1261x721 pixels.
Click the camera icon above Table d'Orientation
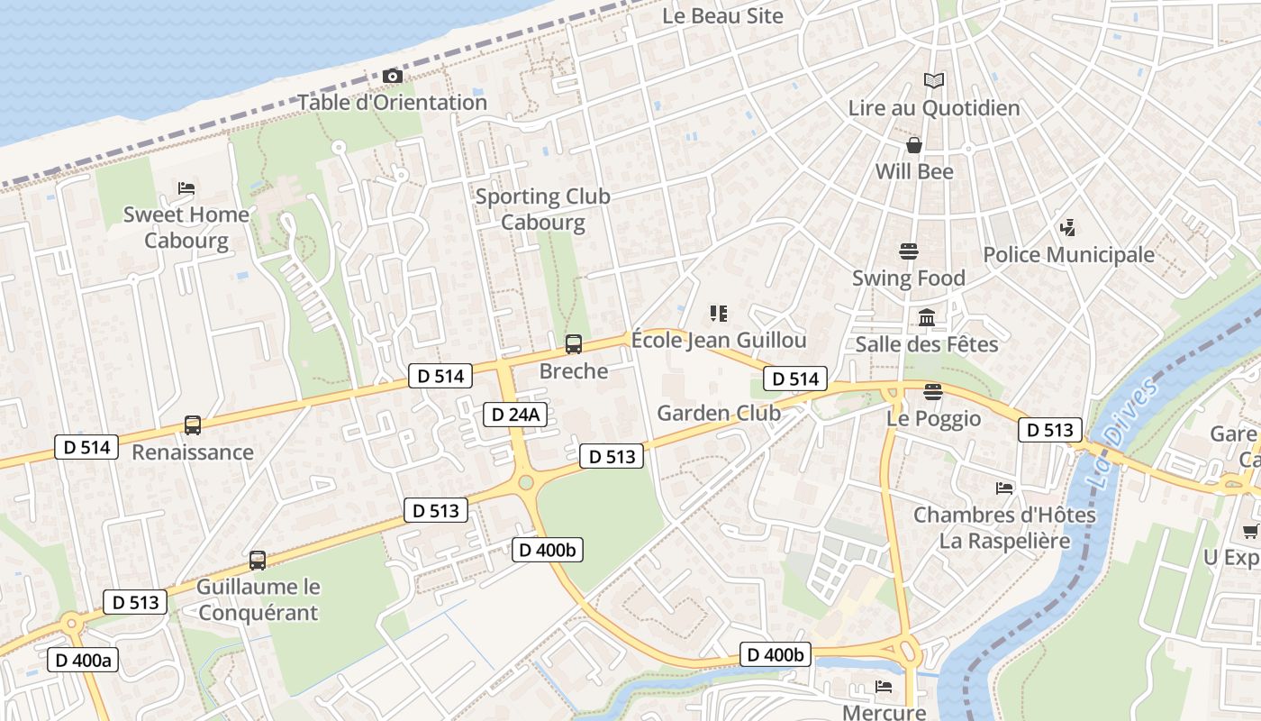(x=392, y=77)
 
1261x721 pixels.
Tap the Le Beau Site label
(x=722, y=16)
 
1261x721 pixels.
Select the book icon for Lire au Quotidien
(x=934, y=81)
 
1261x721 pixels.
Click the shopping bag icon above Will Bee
(x=914, y=145)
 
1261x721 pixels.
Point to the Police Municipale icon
(x=1068, y=228)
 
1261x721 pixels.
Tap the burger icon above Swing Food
(x=908, y=251)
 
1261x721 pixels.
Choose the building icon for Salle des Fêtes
(x=927, y=317)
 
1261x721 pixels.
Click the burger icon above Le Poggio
(x=933, y=392)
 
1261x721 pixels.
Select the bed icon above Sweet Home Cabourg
(x=186, y=188)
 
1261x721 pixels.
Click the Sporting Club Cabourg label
(x=542, y=209)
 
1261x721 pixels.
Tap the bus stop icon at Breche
(x=573, y=344)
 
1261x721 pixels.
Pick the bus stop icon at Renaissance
(x=192, y=425)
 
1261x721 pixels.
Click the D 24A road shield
(x=515, y=414)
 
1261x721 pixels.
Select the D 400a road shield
(x=83, y=660)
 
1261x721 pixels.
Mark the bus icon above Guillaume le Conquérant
(x=258, y=561)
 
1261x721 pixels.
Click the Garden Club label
(x=718, y=414)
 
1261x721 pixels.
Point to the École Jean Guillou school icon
(x=718, y=314)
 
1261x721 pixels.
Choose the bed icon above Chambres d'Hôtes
(x=1004, y=488)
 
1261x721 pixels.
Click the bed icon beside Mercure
(x=884, y=687)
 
